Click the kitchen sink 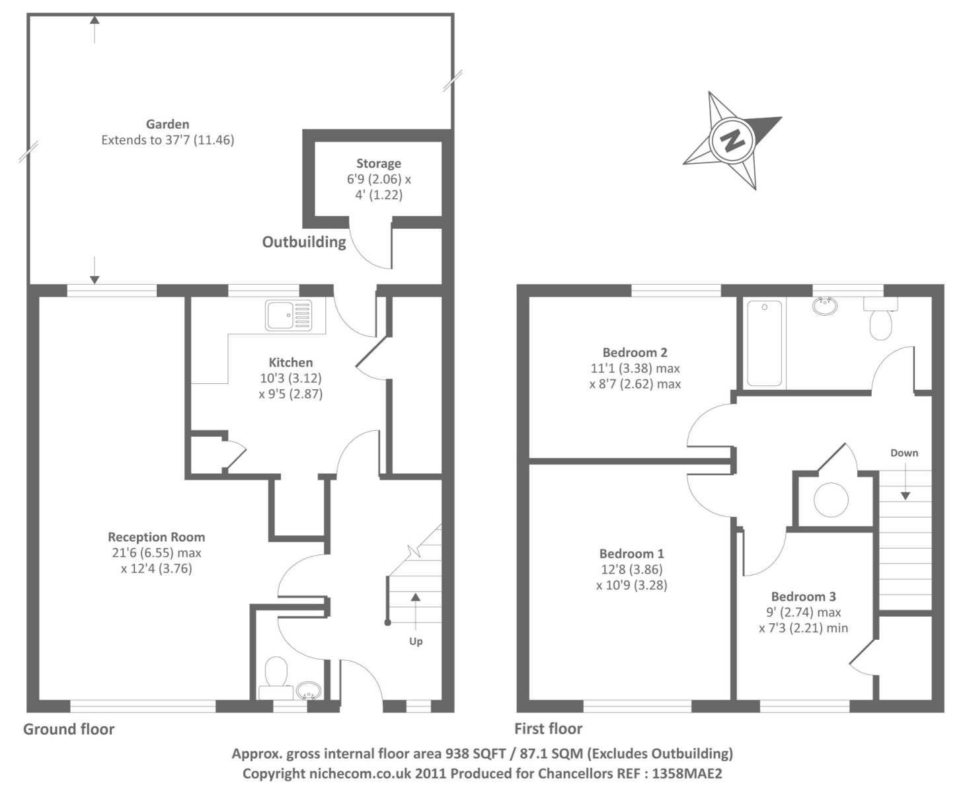(288, 315)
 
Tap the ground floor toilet (276, 678)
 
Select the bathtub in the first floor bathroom (764, 344)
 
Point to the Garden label (167, 124)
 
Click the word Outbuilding (304, 242)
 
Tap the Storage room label (379, 163)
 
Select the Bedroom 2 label (635, 352)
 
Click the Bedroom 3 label (803, 596)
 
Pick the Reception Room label (157, 537)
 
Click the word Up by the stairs (416, 641)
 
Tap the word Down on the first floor (904, 453)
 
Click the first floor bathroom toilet (880, 319)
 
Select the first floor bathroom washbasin (825, 305)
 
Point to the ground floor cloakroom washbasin (309, 691)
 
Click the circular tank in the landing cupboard (831, 500)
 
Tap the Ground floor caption (69, 730)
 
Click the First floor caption (549, 729)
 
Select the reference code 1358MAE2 (687, 774)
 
